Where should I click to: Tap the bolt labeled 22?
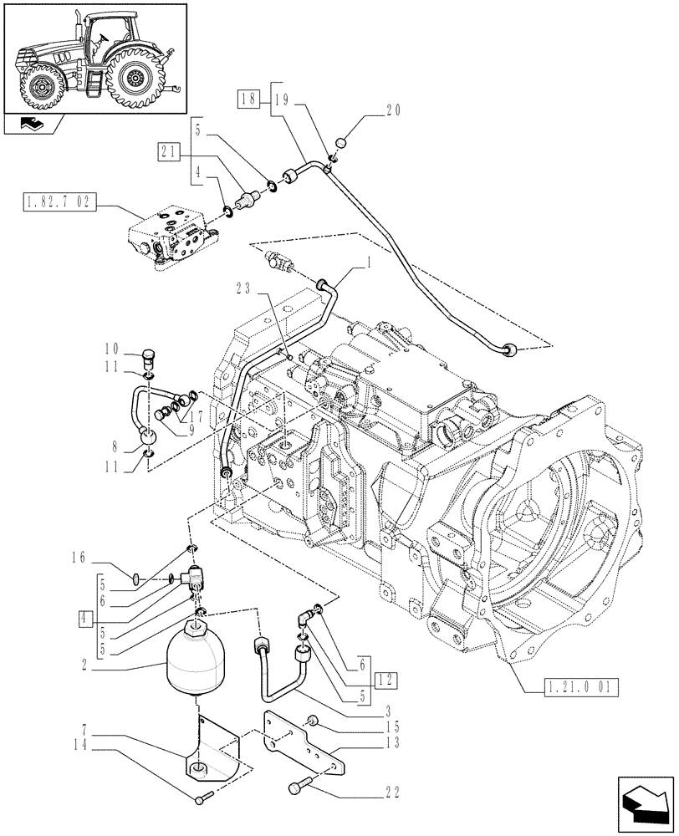pos(299,786)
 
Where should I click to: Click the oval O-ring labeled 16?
pos(140,574)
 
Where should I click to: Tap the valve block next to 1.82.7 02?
pos(168,237)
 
